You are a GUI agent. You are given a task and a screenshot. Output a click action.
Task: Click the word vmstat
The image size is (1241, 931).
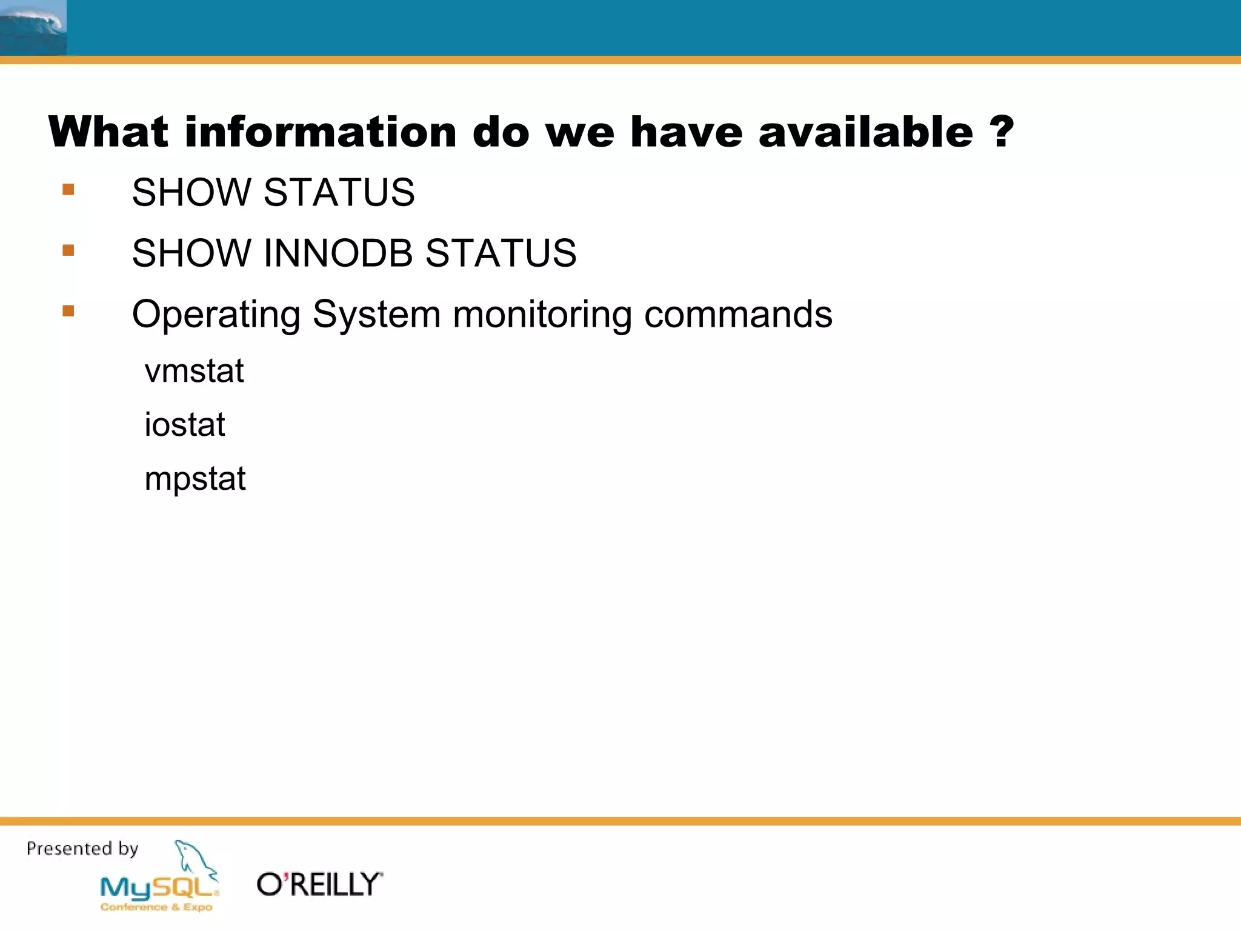[194, 371]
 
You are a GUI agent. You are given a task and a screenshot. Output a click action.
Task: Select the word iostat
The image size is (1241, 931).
[184, 424]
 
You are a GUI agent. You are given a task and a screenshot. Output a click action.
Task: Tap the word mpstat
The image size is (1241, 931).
[195, 479]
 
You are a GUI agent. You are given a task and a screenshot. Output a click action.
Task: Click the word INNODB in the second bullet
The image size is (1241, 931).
[343, 253]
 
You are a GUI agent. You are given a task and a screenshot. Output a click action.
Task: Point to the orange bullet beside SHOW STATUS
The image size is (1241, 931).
[68, 190]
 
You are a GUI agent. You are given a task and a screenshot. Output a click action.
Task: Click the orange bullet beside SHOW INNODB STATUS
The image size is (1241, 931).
[68, 250]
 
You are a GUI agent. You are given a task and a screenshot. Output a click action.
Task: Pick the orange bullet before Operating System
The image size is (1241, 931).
[68, 312]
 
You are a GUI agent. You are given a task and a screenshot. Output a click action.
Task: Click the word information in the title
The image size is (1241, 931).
[321, 132]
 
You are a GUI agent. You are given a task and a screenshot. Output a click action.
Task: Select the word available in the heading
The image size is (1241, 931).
[866, 132]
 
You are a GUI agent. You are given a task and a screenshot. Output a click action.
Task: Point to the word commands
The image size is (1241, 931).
[738, 315]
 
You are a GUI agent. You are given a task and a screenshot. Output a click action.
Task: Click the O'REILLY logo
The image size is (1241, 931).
[319, 884]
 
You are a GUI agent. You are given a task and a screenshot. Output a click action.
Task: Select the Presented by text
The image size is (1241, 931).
[82, 848]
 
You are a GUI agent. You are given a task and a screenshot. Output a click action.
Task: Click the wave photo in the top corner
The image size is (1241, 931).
[33, 27]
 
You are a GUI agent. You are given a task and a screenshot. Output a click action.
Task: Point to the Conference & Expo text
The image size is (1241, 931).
[156, 907]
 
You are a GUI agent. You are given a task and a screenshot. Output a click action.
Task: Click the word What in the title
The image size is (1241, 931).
[108, 132]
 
